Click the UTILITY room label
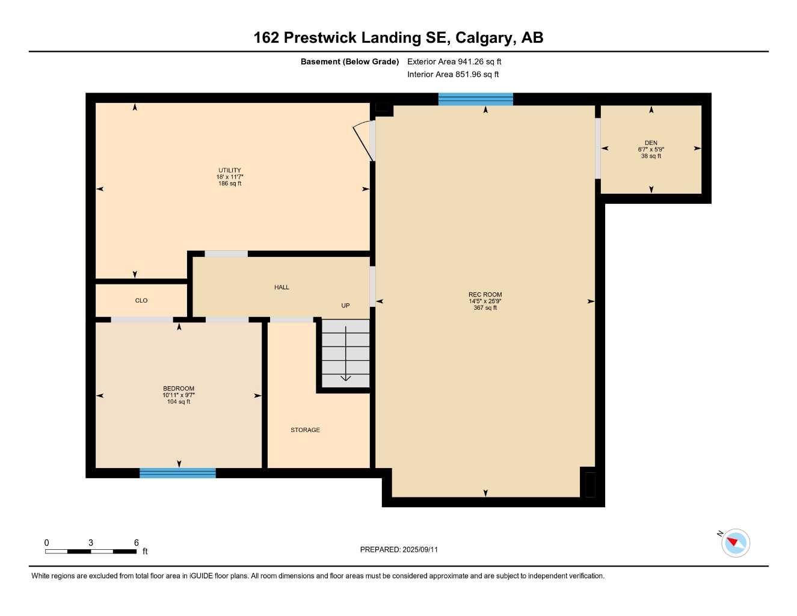coord(229,170)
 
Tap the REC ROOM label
coord(485,295)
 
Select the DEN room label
coord(651,143)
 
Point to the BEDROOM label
coord(179,389)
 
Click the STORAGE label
coord(305,430)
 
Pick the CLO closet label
coord(141,301)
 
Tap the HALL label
coord(282,288)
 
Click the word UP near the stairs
coord(345,306)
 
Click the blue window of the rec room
coord(475,99)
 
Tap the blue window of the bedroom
coord(177,473)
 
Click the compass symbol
coord(735,543)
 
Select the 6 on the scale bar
coord(137,543)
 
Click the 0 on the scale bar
coord(46,543)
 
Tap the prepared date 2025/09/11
coord(420,550)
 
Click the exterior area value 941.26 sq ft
coord(479,61)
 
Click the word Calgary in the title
coord(484,38)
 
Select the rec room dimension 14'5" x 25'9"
coord(485,301)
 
